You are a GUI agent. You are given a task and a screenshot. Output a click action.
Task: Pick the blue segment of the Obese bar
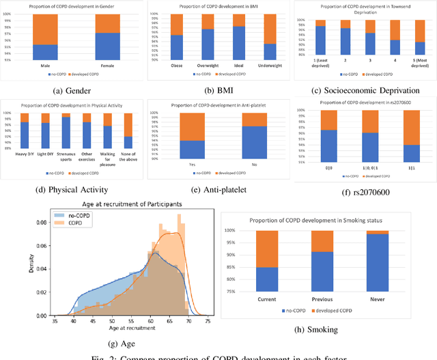[176, 47]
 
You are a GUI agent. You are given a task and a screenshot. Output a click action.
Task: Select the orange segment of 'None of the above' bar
[127, 124]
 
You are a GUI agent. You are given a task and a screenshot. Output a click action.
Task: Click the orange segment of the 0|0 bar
[328, 120]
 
